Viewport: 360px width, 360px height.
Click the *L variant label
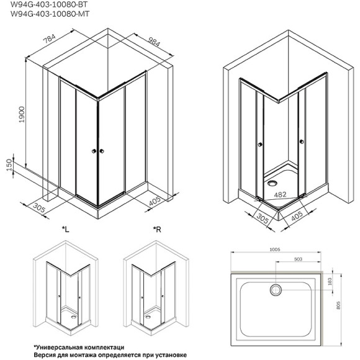[65, 230]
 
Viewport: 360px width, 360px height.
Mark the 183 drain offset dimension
[329, 282]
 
